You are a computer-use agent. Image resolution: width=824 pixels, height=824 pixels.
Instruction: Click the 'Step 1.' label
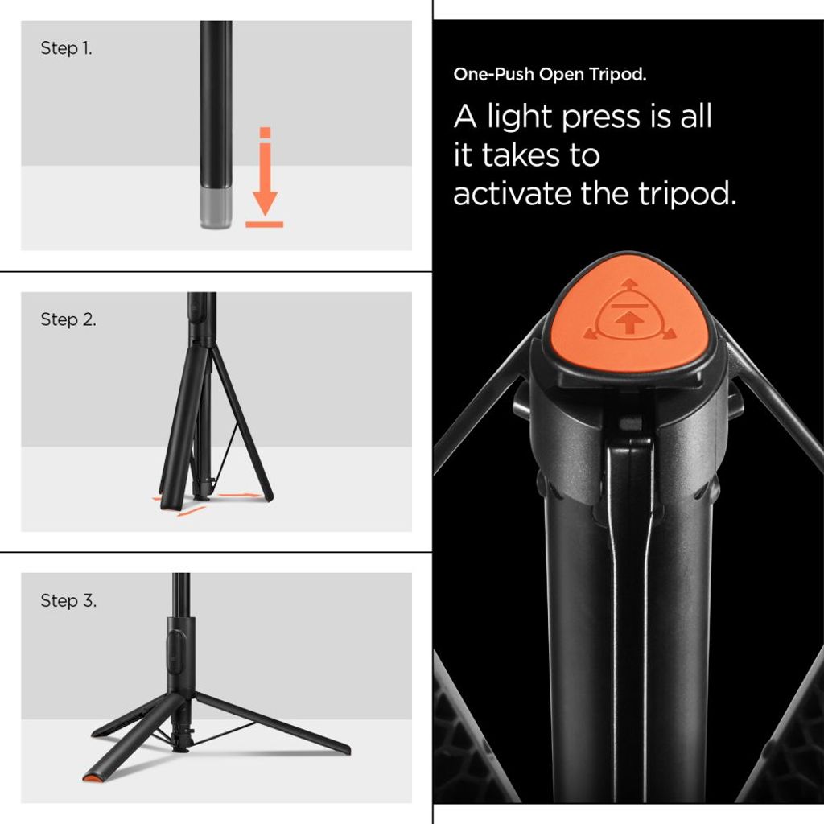66,48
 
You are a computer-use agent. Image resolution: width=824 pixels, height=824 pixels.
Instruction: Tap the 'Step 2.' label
68,319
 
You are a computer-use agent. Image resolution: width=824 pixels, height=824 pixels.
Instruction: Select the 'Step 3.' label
68,601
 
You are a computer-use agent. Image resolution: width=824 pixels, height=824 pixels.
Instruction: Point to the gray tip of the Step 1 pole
216,209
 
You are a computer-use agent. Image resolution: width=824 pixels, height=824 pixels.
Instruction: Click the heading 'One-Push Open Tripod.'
550,75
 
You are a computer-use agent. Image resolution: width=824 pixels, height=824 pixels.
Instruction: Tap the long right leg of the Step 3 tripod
274,722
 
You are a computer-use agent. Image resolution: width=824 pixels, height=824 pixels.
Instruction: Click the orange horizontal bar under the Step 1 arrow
264,224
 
